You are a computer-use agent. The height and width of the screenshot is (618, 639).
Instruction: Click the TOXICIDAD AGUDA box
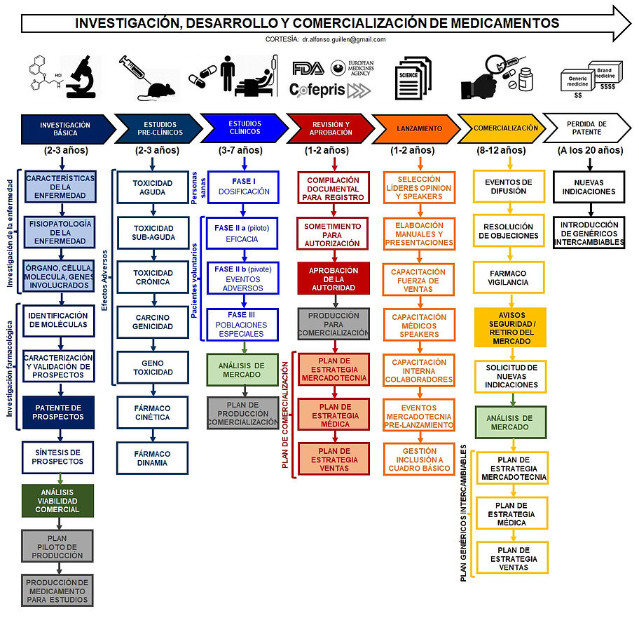tap(153, 187)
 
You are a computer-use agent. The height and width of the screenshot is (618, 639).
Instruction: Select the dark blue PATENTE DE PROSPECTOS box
tap(58, 412)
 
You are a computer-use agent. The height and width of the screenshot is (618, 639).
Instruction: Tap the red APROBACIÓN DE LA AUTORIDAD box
tap(334, 278)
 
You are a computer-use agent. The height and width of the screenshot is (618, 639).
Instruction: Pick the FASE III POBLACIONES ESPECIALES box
tap(242, 325)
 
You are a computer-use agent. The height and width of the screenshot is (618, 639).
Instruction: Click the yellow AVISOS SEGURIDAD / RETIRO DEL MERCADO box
tap(510, 328)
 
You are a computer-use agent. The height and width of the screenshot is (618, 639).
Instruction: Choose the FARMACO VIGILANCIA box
tap(509, 277)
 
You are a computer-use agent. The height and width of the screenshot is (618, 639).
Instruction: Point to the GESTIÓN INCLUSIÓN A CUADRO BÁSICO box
tap(419, 459)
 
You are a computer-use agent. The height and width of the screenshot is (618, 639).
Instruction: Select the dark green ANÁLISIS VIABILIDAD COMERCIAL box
tap(57, 501)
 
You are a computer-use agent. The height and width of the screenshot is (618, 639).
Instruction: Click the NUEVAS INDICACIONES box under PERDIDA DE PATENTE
tap(589, 187)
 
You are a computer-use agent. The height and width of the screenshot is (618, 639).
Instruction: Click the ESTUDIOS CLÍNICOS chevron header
tap(245, 128)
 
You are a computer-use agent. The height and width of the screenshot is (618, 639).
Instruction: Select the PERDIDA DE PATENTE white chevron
tap(587, 128)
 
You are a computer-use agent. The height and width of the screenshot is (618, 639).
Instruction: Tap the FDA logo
tap(308, 68)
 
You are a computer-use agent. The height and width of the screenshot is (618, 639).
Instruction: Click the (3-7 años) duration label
tap(240, 150)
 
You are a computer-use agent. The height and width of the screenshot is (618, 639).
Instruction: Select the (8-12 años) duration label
tap(501, 150)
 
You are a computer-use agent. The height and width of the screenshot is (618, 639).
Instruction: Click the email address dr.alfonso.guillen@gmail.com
tap(344, 39)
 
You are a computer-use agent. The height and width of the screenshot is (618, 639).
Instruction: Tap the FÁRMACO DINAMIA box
tap(153, 458)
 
